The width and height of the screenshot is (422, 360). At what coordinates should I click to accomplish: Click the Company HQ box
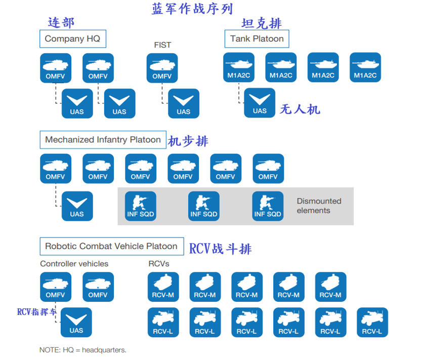click(x=72, y=39)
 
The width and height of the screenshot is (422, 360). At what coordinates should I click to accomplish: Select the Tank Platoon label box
click(x=257, y=39)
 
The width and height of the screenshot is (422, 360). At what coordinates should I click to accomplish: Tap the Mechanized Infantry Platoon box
click(x=103, y=140)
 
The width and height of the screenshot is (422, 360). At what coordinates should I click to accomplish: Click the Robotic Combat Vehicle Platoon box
click(x=111, y=247)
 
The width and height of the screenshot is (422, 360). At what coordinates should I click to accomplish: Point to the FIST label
click(x=162, y=45)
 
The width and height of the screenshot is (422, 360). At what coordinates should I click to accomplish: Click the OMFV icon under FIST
click(x=162, y=68)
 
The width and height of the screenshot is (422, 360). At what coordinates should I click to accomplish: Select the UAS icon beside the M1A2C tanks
click(x=260, y=103)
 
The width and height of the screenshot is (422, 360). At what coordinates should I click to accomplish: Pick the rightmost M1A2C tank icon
click(x=365, y=68)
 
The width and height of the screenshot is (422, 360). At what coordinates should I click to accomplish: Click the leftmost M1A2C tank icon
click(x=239, y=68)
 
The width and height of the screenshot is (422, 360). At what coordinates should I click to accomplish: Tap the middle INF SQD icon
click(x=204, y=207)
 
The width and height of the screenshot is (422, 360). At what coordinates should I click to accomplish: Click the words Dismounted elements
click(x=319, y=206)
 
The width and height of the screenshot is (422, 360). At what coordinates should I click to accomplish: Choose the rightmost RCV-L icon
click(x=372, y=323)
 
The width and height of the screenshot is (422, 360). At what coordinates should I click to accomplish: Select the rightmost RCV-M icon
click(x=331, y=288)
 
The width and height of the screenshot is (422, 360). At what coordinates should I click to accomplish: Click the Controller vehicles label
click(x=74, y=264)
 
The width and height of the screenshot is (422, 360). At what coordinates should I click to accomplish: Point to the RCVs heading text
click(x=158, y=264)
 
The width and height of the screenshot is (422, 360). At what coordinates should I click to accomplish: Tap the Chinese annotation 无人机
click(x=300, y=109)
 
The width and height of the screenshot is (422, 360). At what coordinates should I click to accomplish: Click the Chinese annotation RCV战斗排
click(x=220, y=249)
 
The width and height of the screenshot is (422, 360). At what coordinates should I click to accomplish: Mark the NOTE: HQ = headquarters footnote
click(x=82, y=350)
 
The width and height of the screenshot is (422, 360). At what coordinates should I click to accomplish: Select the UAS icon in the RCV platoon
click(x=76, y=323)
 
